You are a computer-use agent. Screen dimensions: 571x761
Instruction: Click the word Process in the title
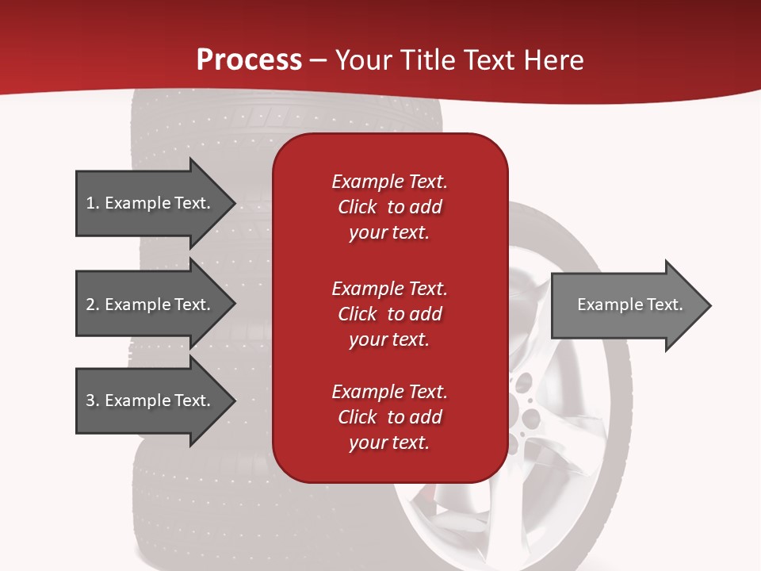pos(249,60)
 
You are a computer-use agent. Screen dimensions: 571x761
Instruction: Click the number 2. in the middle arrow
pos(93,305)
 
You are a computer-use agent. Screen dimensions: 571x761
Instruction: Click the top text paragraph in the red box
pos(389,207)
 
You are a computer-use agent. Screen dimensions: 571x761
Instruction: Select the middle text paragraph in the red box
pos(389,314)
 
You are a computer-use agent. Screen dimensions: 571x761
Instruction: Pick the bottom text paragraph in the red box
pos(389,417)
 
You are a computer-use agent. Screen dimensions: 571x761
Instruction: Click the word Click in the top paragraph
pos(358,207)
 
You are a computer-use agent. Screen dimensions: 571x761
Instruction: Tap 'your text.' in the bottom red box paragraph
pos(389,443)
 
